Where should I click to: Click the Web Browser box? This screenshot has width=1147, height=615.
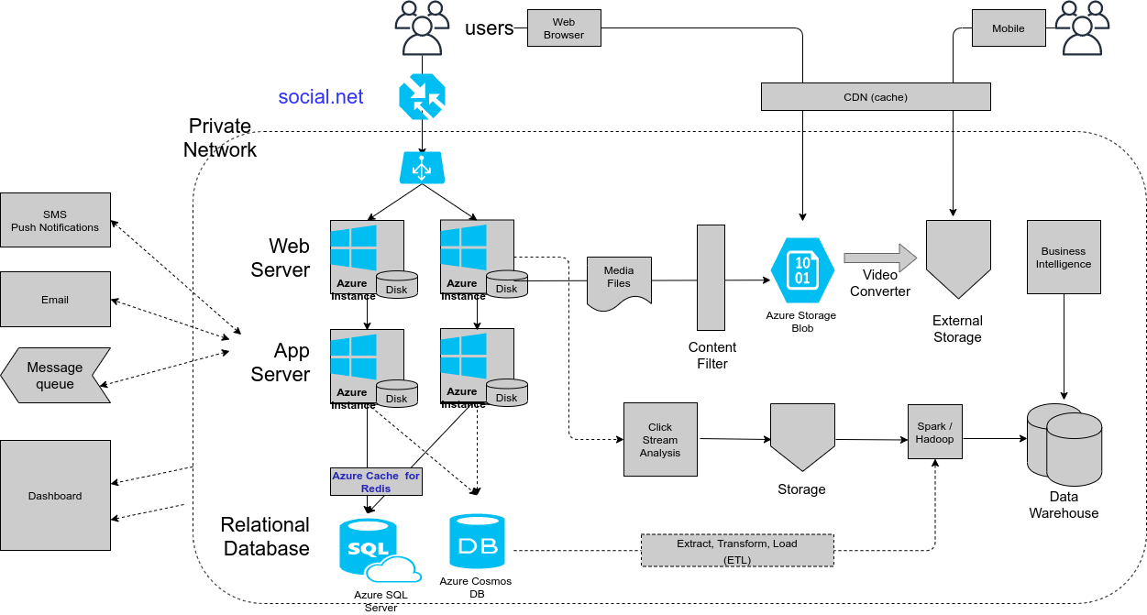564,28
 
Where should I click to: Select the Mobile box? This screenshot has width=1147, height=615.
1009,28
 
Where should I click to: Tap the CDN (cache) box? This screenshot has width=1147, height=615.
876,97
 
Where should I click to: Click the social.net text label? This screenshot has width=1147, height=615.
321,96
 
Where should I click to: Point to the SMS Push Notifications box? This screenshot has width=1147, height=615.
55,220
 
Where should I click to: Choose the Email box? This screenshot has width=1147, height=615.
55,299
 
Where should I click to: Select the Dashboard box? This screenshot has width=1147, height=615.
55,495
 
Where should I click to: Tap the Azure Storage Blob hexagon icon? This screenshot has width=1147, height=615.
802,269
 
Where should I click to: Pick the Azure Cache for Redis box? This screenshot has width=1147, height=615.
376,482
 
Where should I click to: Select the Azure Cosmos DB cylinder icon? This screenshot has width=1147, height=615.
477,543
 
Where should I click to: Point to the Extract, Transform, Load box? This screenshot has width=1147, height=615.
737,550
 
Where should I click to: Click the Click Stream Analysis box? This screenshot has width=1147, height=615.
660,439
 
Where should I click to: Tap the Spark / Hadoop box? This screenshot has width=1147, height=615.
934,432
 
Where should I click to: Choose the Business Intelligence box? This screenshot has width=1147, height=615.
1064,257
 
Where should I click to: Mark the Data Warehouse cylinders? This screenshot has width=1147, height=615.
1064,445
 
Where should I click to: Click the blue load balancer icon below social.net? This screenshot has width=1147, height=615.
422,168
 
